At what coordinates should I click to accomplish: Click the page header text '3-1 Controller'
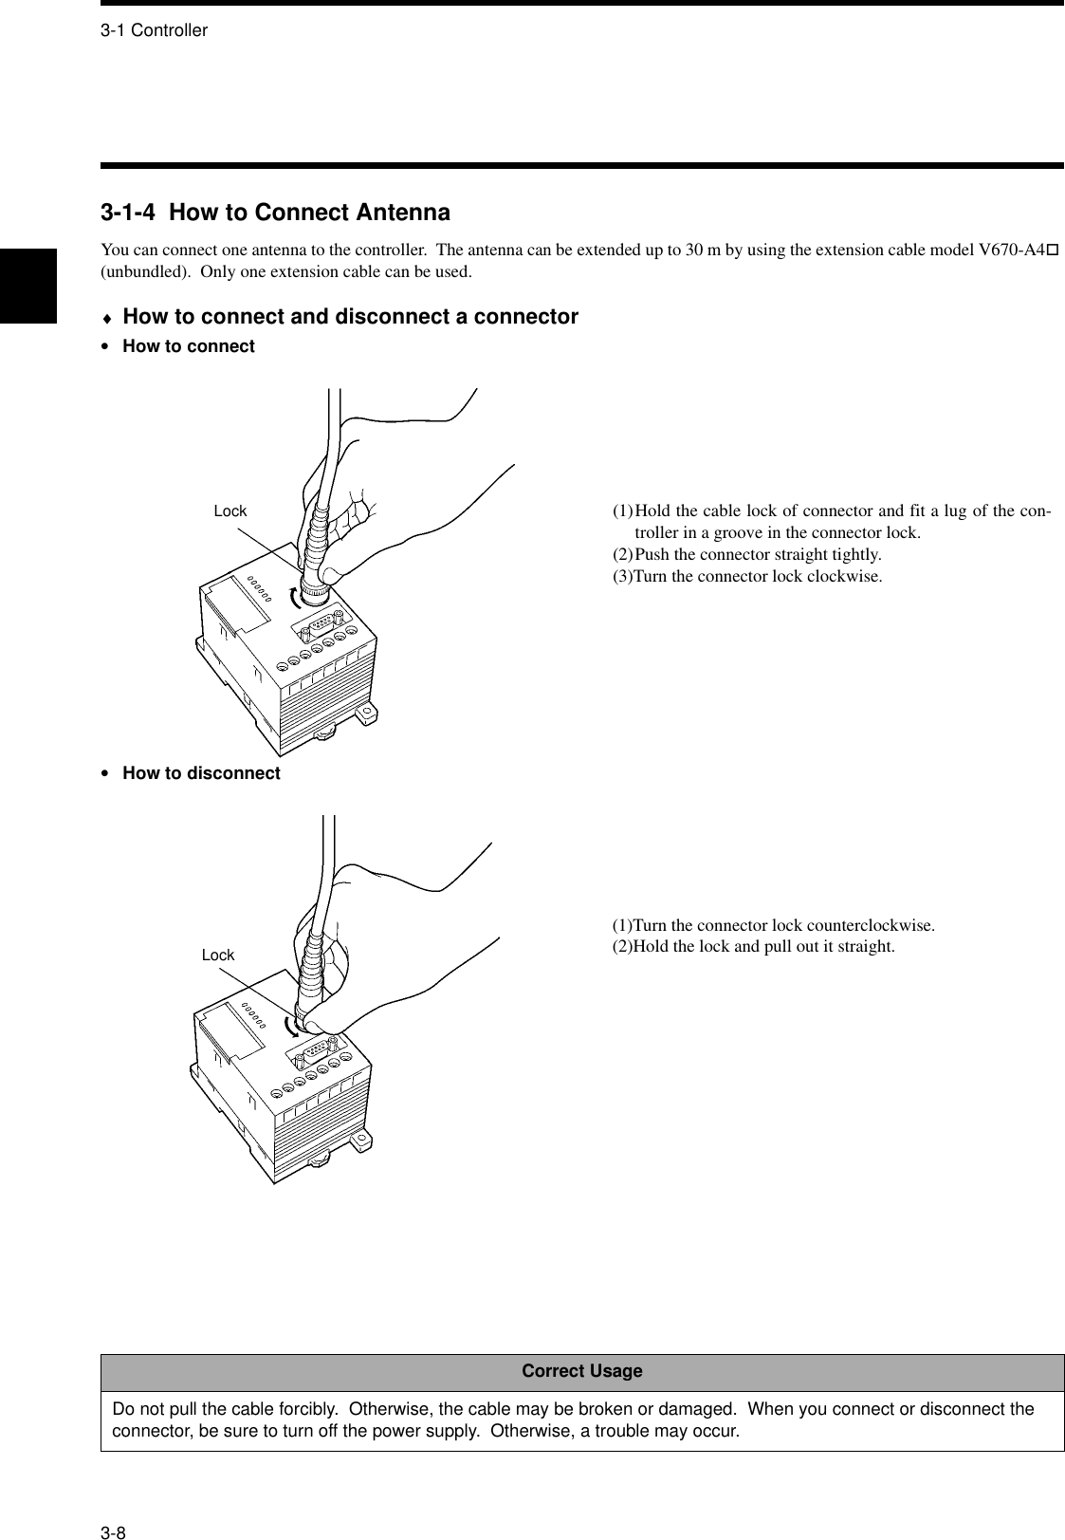click(154, 30)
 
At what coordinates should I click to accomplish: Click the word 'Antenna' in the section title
click(402, 212)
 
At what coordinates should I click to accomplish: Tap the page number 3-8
click(114, 1506)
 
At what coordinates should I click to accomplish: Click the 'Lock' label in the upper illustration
click(230, 511)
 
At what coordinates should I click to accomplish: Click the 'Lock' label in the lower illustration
click(217, 956)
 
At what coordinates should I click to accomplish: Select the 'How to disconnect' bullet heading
click(201, 773)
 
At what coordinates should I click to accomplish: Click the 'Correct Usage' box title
click(581, 1371)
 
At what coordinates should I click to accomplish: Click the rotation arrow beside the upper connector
click(296, 597)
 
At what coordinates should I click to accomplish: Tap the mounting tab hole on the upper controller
click(364, 711)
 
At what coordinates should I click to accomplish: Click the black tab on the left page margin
click(28, 286)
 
